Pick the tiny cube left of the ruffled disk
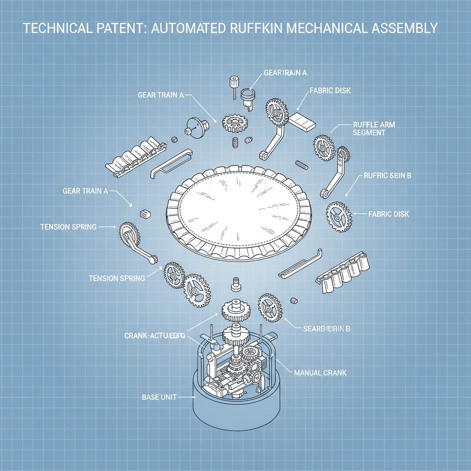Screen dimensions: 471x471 144,213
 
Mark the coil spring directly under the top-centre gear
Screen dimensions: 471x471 235,142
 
